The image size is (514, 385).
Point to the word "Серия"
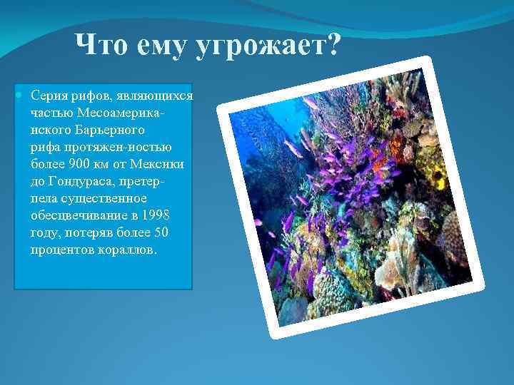pos(48,96)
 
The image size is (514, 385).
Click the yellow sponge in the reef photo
pos(433,171)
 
